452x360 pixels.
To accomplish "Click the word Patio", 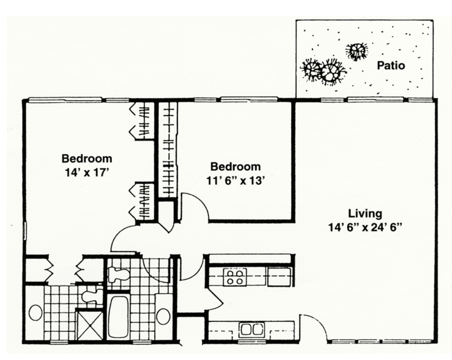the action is pos(391,66).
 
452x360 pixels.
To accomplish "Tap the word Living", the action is pos(365,214).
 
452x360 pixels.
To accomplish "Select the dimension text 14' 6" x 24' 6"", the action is pos(365,228).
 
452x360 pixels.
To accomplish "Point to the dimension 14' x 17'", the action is pos(87,173).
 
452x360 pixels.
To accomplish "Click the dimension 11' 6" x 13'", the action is pos(235,181).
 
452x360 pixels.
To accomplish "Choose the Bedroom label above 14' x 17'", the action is pos(87,159).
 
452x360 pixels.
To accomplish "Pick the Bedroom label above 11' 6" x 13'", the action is pos(235,167).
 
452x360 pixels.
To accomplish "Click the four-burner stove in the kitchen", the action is pos(235,277).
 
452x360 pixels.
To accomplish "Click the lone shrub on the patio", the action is pos(356,51).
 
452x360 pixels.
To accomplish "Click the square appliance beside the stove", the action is pos(279,277).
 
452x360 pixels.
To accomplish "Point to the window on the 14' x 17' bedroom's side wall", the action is pos(25,231).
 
